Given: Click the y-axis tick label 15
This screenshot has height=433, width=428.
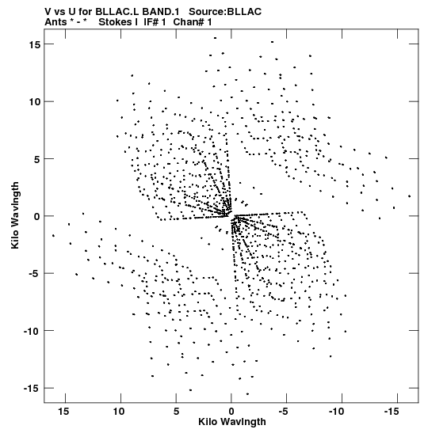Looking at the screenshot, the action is [35, 44].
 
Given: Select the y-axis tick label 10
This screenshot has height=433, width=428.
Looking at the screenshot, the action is [35, 101].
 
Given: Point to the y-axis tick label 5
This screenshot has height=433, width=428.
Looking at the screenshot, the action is [37, 159].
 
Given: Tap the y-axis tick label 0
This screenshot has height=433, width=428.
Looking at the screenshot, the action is [37, 216].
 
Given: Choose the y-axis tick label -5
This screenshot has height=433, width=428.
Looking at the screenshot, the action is [34, 273].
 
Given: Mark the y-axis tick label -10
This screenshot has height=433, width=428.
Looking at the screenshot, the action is [32, 331].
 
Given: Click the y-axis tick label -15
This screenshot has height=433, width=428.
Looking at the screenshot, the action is [32, 388].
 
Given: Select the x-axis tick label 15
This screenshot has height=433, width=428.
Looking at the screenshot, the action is [63, 412].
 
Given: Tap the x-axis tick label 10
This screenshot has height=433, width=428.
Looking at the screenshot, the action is [119, 412].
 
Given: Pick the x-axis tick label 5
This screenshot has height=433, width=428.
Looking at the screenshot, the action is [176, 412].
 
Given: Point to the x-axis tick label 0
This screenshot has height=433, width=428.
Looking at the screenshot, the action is [231, 412].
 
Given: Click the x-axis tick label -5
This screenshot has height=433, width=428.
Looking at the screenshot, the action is [283, 412].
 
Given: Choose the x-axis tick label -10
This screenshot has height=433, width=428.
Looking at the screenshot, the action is [336, 412].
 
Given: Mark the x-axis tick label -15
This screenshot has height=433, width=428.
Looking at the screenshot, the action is [392, 412].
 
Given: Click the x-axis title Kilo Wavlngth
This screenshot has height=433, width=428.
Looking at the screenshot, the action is [232, 422].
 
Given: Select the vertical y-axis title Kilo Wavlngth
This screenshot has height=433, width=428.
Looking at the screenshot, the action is [15, 215].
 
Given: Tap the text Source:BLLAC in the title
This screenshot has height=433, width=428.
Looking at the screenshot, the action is [225, 12].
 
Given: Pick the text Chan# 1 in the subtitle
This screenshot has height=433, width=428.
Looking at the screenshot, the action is [193, 22].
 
